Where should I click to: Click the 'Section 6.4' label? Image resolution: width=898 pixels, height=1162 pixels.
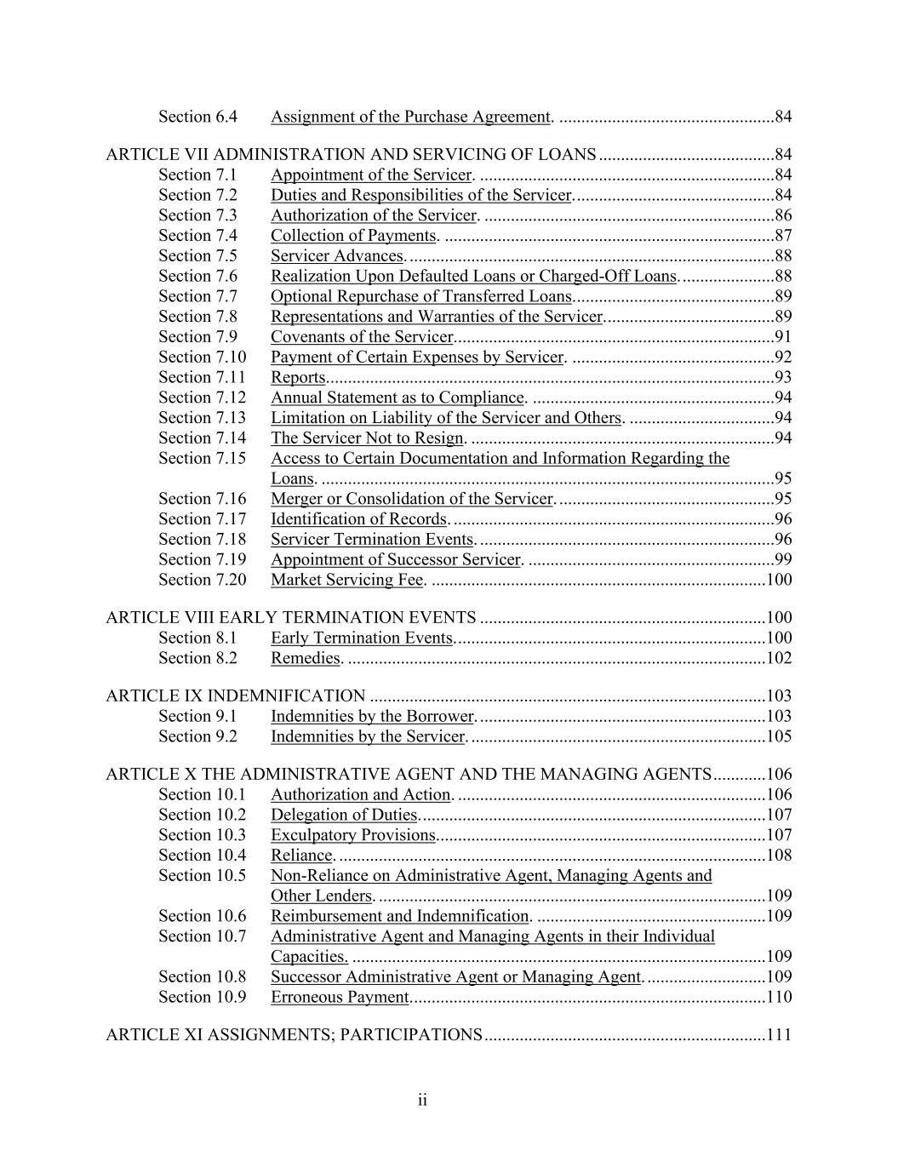[197, 117]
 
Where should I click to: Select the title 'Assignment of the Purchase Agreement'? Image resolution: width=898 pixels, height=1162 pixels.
[410, 117]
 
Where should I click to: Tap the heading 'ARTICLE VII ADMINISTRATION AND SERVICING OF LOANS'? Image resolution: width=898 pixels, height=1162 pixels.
[351, 155]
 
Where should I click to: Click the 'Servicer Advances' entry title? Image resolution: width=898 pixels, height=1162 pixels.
[336, 256]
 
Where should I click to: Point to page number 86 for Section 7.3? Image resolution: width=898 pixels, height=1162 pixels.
[783, 215]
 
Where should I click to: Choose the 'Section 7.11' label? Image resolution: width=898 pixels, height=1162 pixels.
[202, 377]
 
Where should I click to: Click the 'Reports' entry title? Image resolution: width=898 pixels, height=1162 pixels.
[298, 377]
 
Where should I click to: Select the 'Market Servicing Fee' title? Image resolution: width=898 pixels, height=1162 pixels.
[346, 580]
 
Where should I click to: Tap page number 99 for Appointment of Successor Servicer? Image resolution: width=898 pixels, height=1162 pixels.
[783, 559]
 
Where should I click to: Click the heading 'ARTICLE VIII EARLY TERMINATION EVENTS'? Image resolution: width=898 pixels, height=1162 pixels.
[290, 618]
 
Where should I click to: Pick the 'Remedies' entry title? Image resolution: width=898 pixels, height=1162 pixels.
[305, 658]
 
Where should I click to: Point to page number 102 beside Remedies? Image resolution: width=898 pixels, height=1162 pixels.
[779, 658]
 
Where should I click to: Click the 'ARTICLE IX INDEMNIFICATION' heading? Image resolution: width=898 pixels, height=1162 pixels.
[235, 696]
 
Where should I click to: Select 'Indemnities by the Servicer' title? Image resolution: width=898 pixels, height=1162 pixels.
[368, 736]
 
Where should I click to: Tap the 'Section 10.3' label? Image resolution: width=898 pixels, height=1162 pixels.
[202, 835]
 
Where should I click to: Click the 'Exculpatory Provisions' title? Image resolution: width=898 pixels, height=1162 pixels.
[352, 835]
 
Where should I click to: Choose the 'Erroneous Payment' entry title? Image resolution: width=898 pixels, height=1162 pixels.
[340, 997]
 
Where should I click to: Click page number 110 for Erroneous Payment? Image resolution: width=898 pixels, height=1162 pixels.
[779, 997]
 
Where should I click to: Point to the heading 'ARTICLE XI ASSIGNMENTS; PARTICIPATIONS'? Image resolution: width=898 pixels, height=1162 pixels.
[294, 1035]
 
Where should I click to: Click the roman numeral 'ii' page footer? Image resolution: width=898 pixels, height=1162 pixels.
[422, 1102]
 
